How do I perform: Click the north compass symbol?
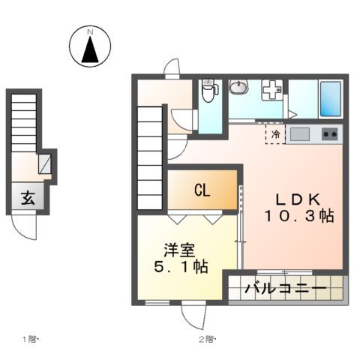click(89, 46)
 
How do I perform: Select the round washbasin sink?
click(238, 88)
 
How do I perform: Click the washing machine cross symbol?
click(271, 91)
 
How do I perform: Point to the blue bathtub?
click(329, 98)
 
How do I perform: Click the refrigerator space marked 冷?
click(275, 135)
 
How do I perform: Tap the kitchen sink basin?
click(300, 135)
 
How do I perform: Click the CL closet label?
click(202, 190)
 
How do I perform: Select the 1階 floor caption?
click(31, 339)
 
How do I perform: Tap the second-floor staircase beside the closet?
click(149, 157)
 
